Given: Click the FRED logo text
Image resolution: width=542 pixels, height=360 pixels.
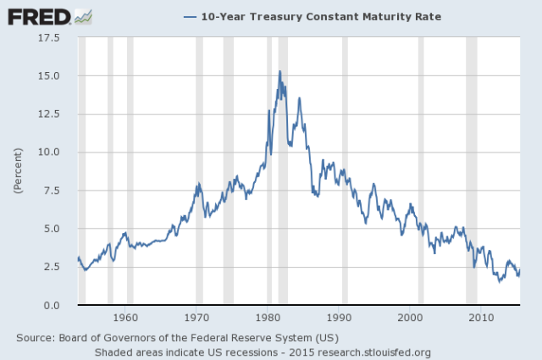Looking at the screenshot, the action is click(x=39, y=17).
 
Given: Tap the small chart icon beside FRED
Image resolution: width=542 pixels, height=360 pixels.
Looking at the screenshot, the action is click(x=83, y=17).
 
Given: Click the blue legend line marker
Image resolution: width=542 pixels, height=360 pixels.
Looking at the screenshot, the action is click(x=190, y=17).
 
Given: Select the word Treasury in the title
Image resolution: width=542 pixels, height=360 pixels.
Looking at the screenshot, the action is click(x=275, y=17).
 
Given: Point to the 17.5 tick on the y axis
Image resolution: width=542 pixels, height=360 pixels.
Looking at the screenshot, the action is click(x=49, y=37).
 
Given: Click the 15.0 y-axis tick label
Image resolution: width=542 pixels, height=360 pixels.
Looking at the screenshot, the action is click(x=49, y=75).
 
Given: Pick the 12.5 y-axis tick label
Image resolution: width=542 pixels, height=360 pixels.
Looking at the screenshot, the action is click(x=49, y=114).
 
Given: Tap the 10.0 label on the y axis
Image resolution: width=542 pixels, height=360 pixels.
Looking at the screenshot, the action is click(x=49, y=152).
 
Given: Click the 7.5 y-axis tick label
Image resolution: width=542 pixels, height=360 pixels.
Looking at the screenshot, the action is click(x=52, y=191).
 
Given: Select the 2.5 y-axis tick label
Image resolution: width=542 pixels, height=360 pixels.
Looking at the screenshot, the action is click(x=52, y=267).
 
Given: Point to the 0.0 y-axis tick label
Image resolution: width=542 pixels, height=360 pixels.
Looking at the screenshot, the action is click(x=52, y=305).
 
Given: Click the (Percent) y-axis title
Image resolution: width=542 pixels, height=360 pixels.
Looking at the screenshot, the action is click(x=18, y=170).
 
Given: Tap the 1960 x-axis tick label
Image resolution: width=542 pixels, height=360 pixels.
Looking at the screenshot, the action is click(x=125, y=318).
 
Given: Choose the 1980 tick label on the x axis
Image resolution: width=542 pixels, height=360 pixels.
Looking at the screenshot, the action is click(x=268, y=318).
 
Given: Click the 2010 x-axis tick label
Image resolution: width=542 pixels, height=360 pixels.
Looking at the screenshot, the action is click(x=481, y=318).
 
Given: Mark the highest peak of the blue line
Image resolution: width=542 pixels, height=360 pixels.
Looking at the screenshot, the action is click(x=280, y=71).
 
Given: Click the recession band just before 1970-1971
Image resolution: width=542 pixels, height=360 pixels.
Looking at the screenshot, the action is click(x=200, y=170).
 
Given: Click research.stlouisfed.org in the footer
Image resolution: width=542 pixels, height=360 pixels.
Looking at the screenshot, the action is click(x=374, y=352).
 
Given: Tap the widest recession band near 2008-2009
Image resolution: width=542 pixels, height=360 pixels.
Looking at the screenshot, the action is click(x=472, y=170).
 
